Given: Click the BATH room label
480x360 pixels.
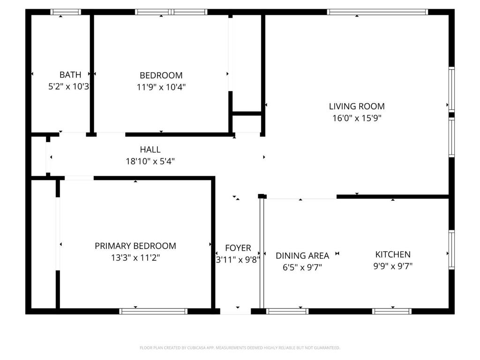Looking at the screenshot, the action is point(70,75).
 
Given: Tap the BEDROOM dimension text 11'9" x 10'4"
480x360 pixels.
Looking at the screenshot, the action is point(161,87).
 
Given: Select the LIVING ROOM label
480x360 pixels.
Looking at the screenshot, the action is point(357,106).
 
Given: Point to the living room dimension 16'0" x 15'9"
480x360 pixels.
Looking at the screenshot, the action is point(357,118).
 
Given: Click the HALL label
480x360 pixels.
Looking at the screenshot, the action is point(150,150).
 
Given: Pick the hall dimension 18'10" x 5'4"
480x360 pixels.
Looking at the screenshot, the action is point(150,161).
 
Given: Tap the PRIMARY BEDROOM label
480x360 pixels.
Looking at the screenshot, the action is point(135,246).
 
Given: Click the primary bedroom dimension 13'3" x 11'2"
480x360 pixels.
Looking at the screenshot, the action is point(135,258).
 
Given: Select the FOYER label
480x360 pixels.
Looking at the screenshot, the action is point(238,248).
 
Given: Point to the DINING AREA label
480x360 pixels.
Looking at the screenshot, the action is point(302,255).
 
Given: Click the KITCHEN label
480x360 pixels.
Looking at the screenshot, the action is point(393,255).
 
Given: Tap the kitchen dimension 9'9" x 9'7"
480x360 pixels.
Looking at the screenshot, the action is point(393,266).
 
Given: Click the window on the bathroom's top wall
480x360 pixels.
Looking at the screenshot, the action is point(66,12).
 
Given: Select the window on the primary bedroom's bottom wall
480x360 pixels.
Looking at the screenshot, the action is point(153,311).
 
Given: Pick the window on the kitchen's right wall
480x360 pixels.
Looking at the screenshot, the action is point(451,250).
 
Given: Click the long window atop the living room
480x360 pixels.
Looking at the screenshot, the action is point(377,12).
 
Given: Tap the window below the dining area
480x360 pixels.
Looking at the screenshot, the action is point(287,311).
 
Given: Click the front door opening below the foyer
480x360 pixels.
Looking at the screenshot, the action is point(235,311).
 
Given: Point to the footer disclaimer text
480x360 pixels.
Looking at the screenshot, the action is point(240,348).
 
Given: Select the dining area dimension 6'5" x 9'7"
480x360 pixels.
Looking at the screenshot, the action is point(302,268).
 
